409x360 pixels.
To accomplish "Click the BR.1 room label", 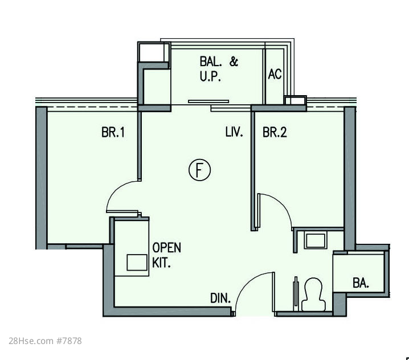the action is point(113,132).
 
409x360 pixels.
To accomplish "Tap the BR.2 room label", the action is point(275,132).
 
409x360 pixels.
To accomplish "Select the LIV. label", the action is point(234,132).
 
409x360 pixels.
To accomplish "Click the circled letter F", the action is point(199,170).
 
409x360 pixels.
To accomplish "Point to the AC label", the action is point(275,74).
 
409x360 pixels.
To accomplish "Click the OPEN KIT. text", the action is point(166,255).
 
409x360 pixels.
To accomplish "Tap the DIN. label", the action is point(220,298).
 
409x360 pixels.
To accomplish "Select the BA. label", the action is point(361,283).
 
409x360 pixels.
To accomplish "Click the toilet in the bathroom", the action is point(313,294).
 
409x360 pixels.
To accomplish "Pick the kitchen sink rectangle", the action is point(137,263).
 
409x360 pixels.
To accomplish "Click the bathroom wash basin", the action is point(316,240).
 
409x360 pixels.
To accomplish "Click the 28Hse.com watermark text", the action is point(31,341).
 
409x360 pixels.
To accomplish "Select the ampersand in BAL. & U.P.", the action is point(234,62).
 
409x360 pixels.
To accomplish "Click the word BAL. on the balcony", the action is point(211,62).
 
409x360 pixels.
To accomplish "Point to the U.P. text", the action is point(210,76).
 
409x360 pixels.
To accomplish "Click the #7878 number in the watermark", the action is point(69,341).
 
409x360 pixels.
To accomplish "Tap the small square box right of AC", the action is point(295,100).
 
